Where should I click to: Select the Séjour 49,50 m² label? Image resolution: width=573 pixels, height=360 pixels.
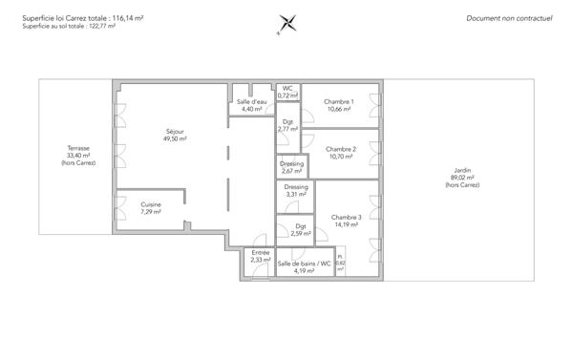(x=175, y=135)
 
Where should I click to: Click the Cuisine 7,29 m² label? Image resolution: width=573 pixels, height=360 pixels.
(x=151, y=208)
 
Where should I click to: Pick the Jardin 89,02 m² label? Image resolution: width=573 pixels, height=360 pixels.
(x=463, y=177)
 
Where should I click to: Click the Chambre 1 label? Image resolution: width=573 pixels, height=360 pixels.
(x=339, y=105)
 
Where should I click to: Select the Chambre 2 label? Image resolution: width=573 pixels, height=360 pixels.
(x=341, y=153)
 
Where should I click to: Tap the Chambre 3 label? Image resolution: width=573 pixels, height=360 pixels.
(x=347, y=222)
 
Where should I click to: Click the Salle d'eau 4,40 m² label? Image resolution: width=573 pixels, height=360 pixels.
(x=251, y=105)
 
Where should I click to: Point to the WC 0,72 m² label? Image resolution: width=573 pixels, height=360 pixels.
(x=287, y=92)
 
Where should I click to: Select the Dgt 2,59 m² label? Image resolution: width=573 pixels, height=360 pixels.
(x=300, y=230)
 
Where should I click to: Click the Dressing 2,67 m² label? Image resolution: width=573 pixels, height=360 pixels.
(x=292, y=167)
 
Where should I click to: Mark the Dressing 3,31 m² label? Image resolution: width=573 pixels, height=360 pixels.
(x=296, y=190)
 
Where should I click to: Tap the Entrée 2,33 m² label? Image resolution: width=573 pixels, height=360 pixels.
(x=260, y=256)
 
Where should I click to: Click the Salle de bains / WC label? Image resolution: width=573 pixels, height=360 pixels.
(x=304, y=266)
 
